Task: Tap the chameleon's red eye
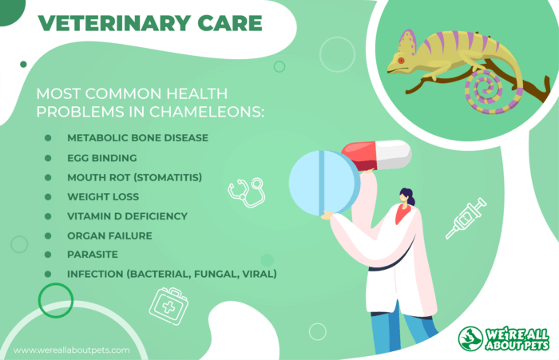click(401, 61)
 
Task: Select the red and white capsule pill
click(376, 156)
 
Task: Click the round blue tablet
click(324, 183)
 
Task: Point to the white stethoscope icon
click(247, 192)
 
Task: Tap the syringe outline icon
click(466, 218)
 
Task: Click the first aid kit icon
click(168, 307)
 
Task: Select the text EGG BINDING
click(102, 158)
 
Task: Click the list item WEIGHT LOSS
click(103, 196)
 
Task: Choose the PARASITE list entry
click(93, 255)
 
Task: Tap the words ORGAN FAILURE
click(109, 235)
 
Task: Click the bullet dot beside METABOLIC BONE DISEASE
click(48, 138)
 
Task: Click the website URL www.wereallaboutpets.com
click(72, 350)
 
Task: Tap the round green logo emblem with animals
click(470, 338)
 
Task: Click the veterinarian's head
click(406, 196)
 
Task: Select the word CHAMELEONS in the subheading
click(206, 112)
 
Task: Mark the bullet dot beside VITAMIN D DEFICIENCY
click(48, 216)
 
